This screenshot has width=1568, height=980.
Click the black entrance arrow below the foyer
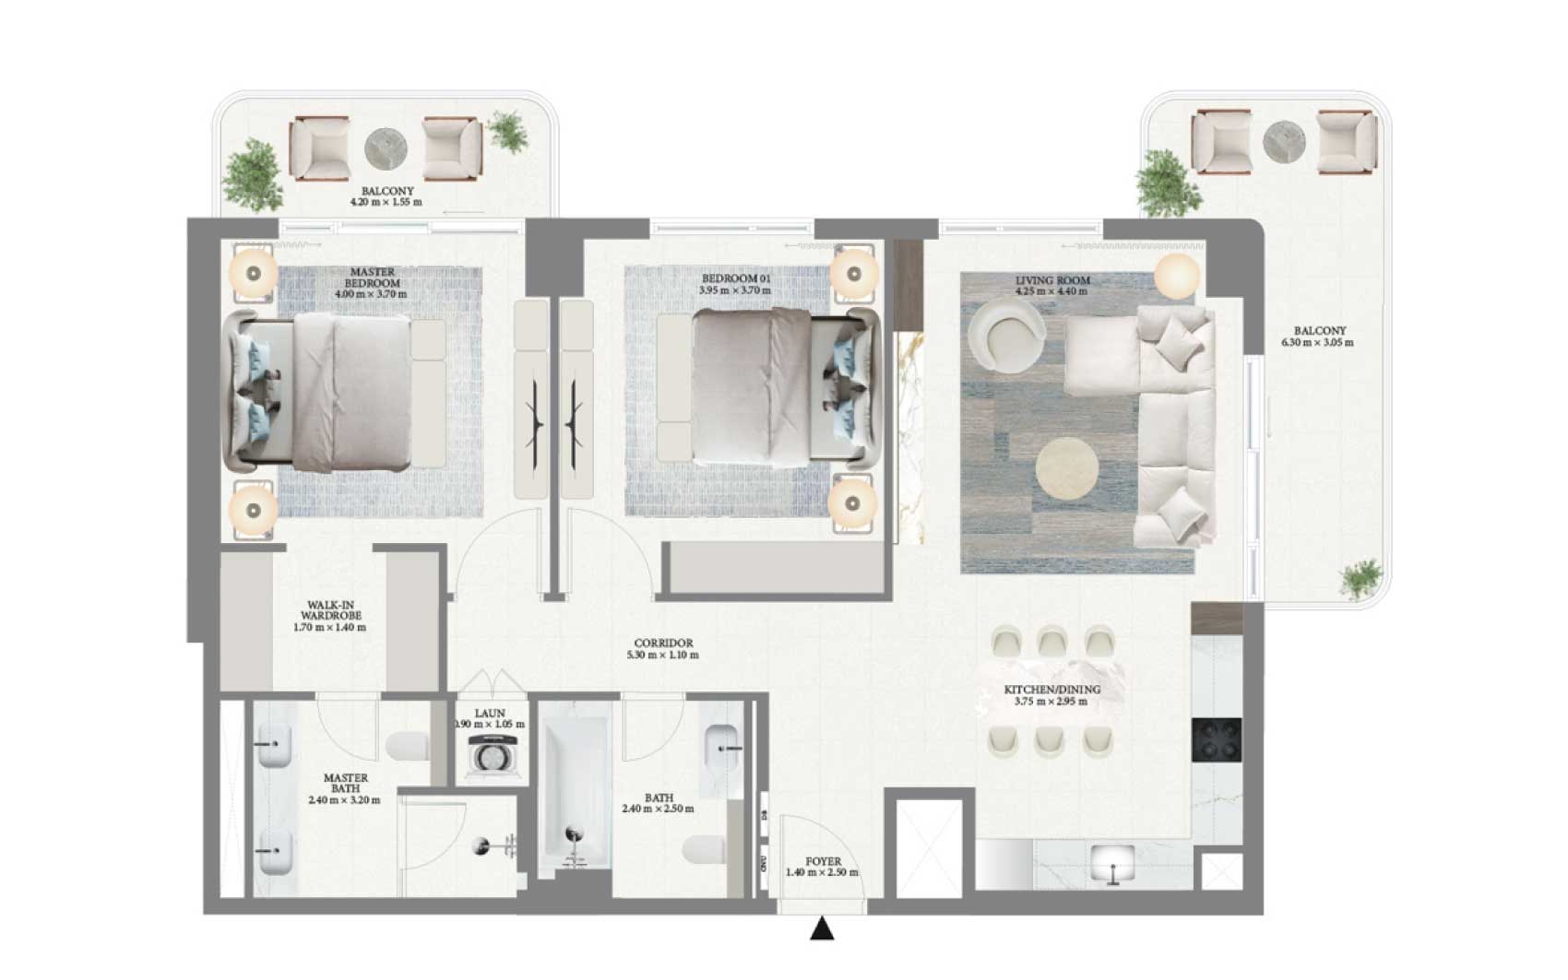coord(822,929)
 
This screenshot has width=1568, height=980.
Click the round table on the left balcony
coord(386,148)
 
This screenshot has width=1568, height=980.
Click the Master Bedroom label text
coord(372,277)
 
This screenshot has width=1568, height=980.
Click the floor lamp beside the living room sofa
coord(1176,276)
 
